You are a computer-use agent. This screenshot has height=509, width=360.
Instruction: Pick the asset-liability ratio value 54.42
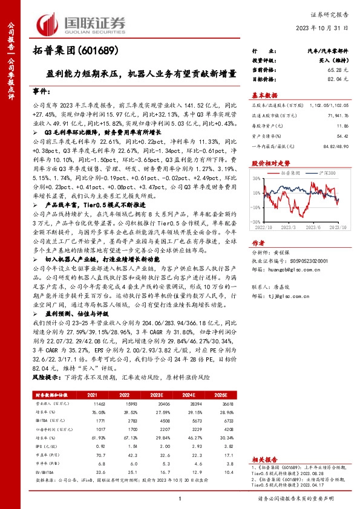341,137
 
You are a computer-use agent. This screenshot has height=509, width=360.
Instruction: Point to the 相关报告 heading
266,459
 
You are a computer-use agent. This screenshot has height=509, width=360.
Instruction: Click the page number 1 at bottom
180,498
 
